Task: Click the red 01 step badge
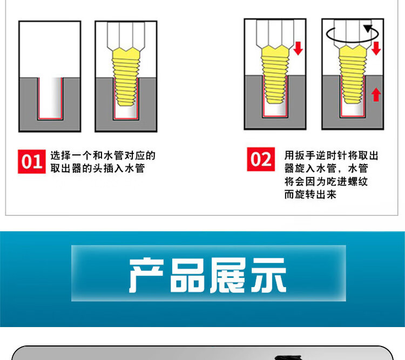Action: point(32,161)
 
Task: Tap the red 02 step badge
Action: point(261,159)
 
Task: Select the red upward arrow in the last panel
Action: point(376,94)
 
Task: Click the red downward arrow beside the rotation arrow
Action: point(376,48)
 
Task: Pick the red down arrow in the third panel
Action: point(298,48)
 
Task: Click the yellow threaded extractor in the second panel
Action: point(126,77)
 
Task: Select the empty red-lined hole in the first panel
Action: point(50,99)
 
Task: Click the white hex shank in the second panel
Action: point(126,36)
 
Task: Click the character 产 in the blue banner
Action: point(146,275)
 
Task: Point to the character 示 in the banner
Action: point(269,275)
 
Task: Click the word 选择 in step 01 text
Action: point(60,155)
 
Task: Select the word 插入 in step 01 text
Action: point(113,168)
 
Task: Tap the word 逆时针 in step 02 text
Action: point(332,155)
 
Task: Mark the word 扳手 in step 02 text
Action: point(305,155)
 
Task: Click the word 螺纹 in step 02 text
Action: point(357,181)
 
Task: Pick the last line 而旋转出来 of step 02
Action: point(310,194)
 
